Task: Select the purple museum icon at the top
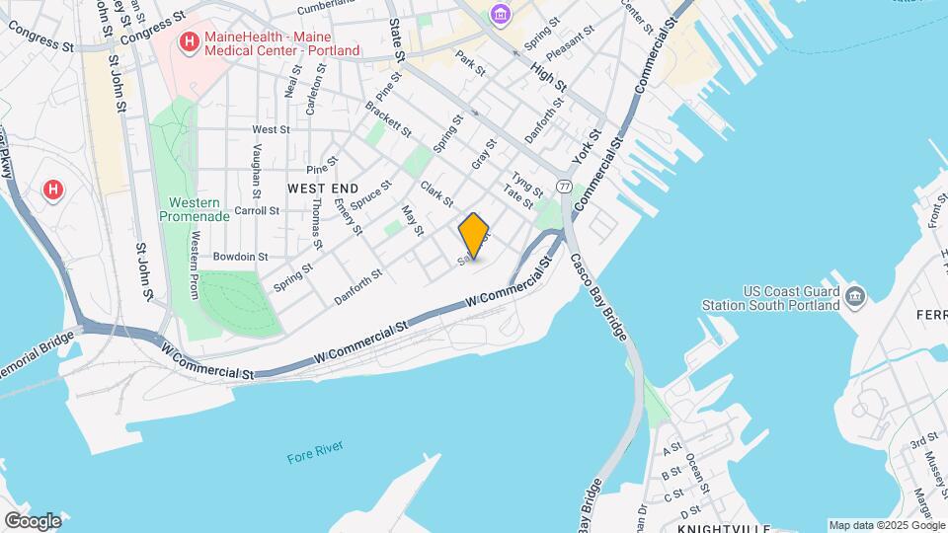click(501, 14)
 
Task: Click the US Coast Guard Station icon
click(855, 295)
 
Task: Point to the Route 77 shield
click(564, 186)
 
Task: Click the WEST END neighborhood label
click(323, 188)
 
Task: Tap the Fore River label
click(314, 457)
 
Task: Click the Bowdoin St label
click(240, 256)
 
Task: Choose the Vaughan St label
click(256, 170)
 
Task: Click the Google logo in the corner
click(33, 520)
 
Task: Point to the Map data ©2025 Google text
click(886, 525)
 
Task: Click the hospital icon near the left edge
click(54, 188)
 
